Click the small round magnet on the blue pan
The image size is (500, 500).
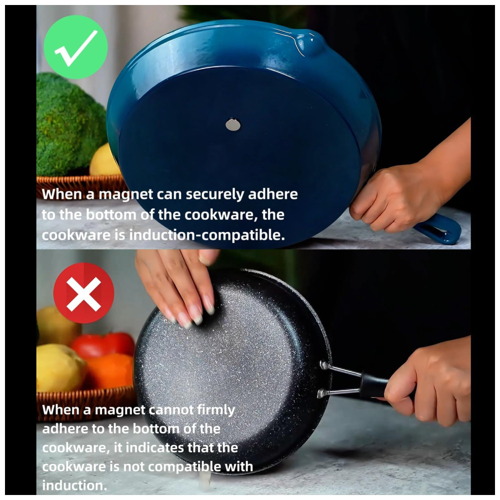point(233,124)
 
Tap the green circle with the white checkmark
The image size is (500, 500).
point(75,47)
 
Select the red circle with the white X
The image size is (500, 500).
point(83,293)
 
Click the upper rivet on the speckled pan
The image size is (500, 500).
point(324,365)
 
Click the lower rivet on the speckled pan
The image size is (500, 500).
point(321,393)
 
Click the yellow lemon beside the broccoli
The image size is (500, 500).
point(103,161)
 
